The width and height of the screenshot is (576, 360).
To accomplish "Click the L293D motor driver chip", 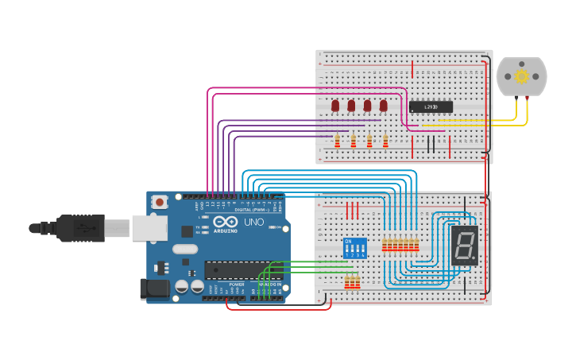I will pos(431,106).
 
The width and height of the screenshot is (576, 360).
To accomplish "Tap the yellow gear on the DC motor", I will pos(522,76).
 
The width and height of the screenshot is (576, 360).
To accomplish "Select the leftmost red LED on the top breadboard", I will pos(335,105).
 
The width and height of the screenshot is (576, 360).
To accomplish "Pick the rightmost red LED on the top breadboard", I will pos(383,105).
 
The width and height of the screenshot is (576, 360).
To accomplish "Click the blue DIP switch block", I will pos(354,248).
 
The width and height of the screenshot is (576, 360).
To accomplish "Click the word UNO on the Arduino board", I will pos(253,223).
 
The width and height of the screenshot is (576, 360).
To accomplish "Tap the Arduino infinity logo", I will pos(225,223).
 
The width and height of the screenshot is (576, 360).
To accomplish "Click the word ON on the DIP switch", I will pos(348,241).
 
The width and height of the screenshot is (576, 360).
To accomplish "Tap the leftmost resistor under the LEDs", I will pos(337,141).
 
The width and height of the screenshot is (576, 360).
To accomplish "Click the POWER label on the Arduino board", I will pos(237,284).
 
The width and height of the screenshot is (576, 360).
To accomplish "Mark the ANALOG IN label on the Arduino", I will pos(270,284).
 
